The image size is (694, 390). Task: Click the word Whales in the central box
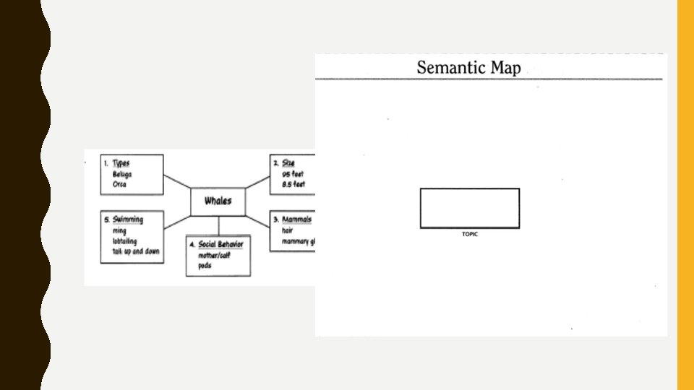218,201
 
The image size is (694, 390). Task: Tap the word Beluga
122,174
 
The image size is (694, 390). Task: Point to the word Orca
119,184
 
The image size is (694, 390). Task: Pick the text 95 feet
293,174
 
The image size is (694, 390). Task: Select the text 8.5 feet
293,184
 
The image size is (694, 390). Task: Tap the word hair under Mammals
288,230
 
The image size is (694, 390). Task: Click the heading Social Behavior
220,244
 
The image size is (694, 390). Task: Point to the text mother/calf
214,255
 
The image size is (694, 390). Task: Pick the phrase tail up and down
136,251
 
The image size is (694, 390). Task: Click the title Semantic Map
468,69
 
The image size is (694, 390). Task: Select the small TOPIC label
470,234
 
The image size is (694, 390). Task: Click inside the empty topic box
470,208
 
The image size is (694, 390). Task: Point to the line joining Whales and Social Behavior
218,225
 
